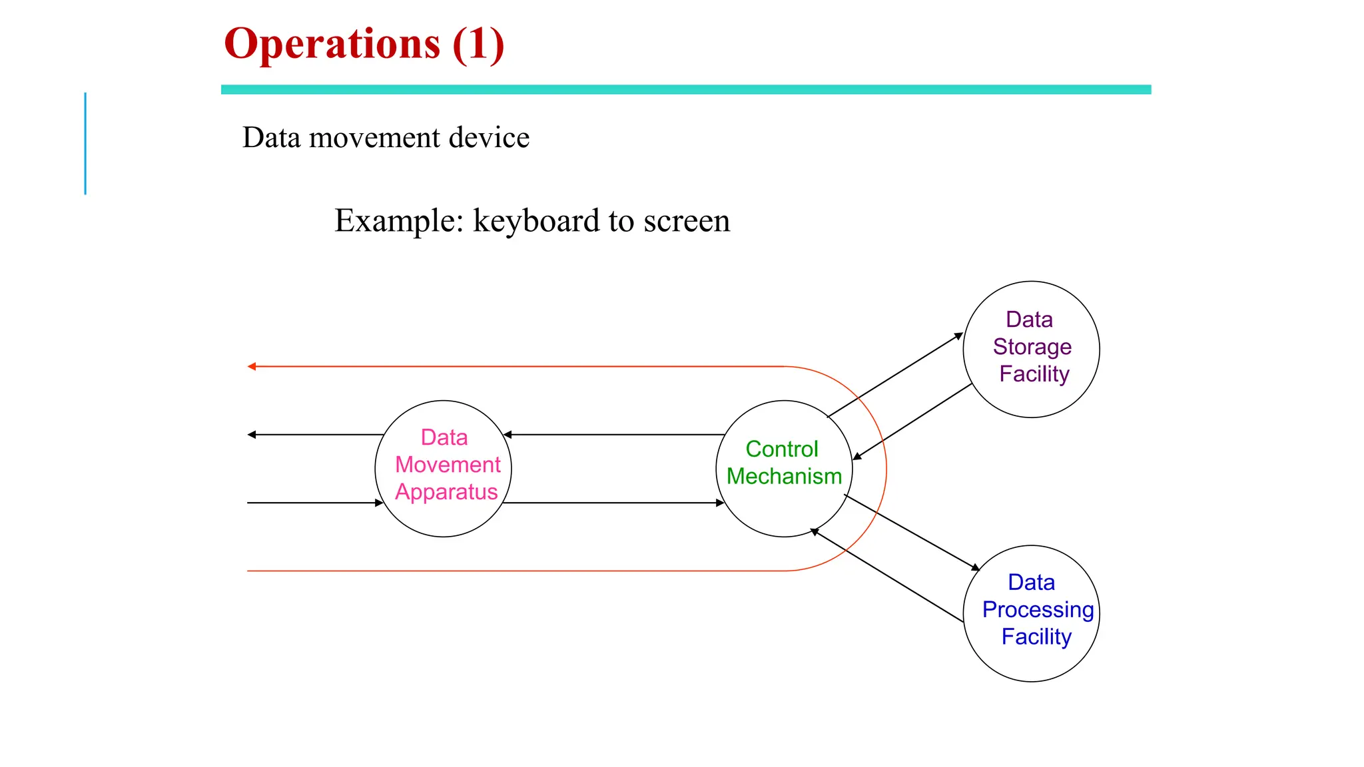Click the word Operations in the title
(332, 45)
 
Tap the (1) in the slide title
(478, 45)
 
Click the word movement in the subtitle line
(374, 138)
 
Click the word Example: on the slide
(398, 221)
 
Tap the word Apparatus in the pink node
(446, 492)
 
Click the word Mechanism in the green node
(784, 477)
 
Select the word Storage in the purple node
(1032, 347)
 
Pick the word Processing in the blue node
(1038, 610)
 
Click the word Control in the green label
(781, 449)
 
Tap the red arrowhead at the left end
(251, 366)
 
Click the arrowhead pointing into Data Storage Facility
(959, 336)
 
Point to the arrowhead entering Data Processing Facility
(976, 567)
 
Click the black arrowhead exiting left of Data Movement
(251, 435)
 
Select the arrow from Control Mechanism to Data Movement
(613, 435)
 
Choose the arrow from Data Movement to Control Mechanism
(613, 503)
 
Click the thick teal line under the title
(686, 89)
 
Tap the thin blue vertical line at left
(85, 143)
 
